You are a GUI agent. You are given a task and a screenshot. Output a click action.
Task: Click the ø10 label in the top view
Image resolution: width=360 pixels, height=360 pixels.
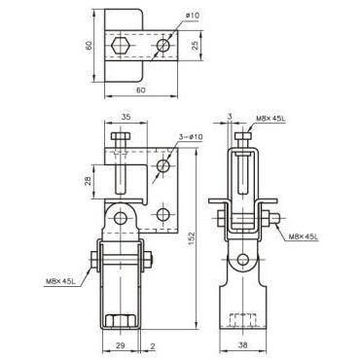point(193,16)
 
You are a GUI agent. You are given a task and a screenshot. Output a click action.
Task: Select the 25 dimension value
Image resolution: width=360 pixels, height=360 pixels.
point(195,46)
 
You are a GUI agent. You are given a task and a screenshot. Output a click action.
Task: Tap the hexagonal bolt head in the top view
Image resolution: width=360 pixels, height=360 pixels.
point(121,46)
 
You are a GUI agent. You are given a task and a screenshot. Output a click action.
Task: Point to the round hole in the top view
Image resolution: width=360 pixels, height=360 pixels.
point(163,46)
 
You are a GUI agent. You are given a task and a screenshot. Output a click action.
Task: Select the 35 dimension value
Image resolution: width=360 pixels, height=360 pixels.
point(126,117)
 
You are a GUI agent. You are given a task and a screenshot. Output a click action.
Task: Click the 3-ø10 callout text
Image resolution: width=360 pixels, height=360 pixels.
point(191,137)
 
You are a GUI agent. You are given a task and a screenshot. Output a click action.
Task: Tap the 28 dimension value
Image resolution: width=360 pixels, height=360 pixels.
point(88,181)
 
